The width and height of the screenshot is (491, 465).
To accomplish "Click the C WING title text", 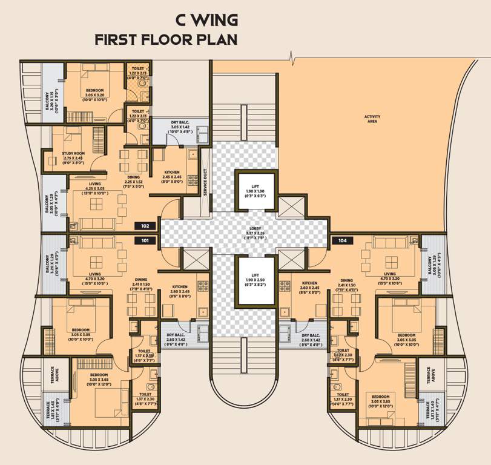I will click(206, 20).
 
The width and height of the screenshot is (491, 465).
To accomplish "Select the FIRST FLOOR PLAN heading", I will click(166, 40).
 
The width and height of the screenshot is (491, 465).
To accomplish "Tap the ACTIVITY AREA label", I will click(372, 119).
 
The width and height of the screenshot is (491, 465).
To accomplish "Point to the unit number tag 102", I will click(145, 226).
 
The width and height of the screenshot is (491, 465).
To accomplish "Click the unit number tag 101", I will click(145, 240).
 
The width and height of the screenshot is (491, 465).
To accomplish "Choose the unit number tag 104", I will click(342, 240).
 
